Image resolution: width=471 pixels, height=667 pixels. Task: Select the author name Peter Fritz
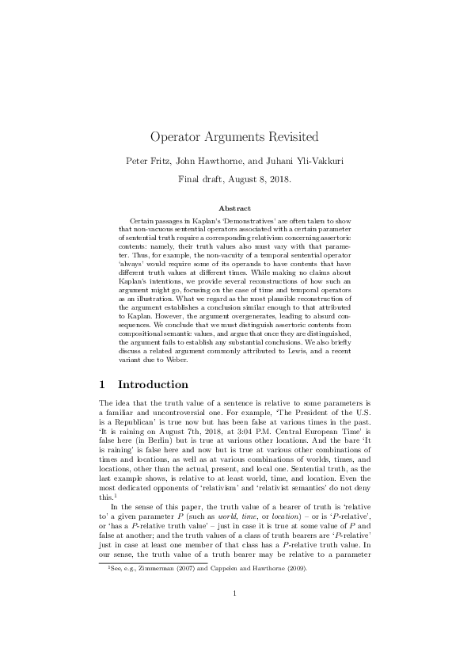(x=148, y=161)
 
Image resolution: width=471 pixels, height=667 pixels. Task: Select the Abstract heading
(x=235, y=208)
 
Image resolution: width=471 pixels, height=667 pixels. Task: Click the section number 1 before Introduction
(x=102, y=385)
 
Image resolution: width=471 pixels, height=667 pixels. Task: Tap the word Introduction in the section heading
(x=153, y=385)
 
